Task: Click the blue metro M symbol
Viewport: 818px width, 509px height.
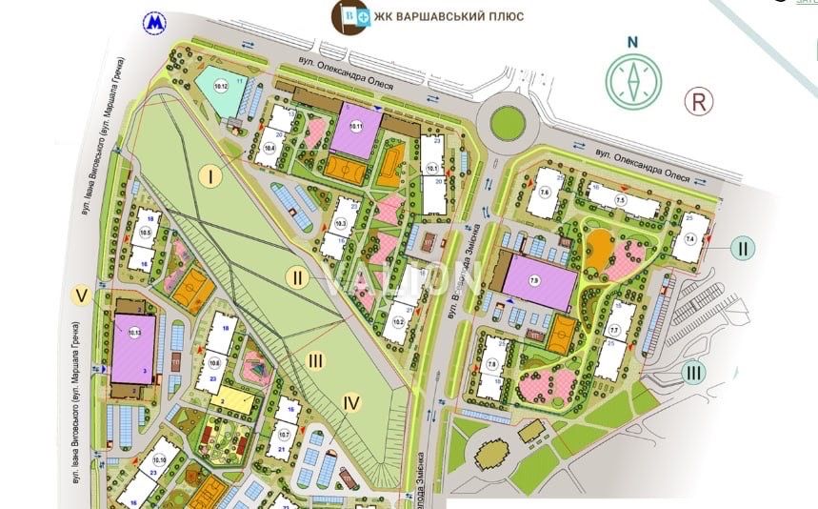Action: tap(152, 22)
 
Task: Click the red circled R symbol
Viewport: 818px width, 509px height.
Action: tap(700, 102)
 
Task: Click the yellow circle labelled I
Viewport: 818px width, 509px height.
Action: tap(211, 174)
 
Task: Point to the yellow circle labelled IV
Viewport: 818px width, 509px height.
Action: tap(351, 403)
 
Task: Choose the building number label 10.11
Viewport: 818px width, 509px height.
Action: tap(356, 127)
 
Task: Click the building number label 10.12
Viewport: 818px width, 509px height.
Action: tap(222, 89)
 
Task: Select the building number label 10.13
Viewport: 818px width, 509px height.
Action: tap(133, 333)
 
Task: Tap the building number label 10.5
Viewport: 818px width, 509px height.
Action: tap(146, 233)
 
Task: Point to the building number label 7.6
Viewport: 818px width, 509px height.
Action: tap(545, 193)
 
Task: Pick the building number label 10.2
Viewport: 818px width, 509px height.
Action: tap(399, 320)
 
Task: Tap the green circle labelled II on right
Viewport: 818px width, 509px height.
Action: tap(744, 250)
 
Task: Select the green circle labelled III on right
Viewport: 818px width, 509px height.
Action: tap(694, 373)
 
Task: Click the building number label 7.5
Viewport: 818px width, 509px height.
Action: tap(620, 200)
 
